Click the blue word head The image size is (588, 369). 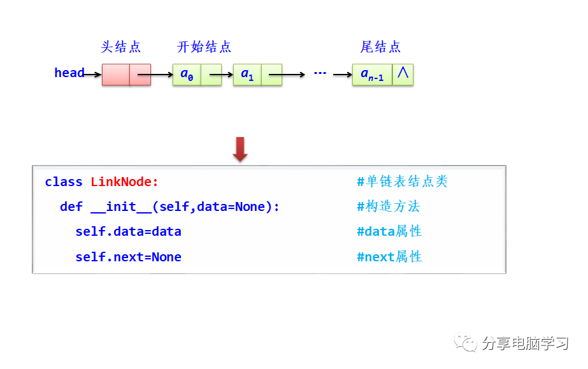pyautogui.click(x=69, y=73)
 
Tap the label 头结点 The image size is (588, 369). pyautogui.click(x=121, y=47)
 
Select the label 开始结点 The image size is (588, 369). pyautogui.click(x=204, y=47)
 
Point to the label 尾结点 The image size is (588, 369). pyautogui.click(x=380, y=47)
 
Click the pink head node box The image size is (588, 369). pyautogui.click(x=126, y=75)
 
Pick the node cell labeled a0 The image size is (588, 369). pyautogui.click(x=187, y=75)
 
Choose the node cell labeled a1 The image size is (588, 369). pyautogui.click(x=247, y=75)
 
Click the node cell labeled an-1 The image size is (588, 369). pyautogui.click(x=372, y=75)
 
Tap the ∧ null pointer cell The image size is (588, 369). pyautogui.click(x=403, y=74)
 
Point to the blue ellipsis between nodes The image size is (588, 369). pyautogui.click(x=320, y=74)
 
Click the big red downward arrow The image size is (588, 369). pyautogui.click(x=240, y=149)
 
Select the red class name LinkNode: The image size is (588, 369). pyautogui.click(x=124, y=182)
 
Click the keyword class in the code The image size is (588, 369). pyautogui.click(x=64, y=182)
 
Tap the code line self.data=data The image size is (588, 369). pyautogui.click(x=128, y=232)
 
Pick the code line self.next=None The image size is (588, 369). pyautogui.click(x=128, y=257)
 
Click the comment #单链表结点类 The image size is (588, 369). pyautogui.click(x=402, y=182)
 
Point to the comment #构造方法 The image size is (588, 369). pyautogui.click(x=389, y=206)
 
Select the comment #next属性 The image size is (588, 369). pyautogui.click(x=389, y=257)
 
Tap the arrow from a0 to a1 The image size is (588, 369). pyautogui.click(x=221, y=75)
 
